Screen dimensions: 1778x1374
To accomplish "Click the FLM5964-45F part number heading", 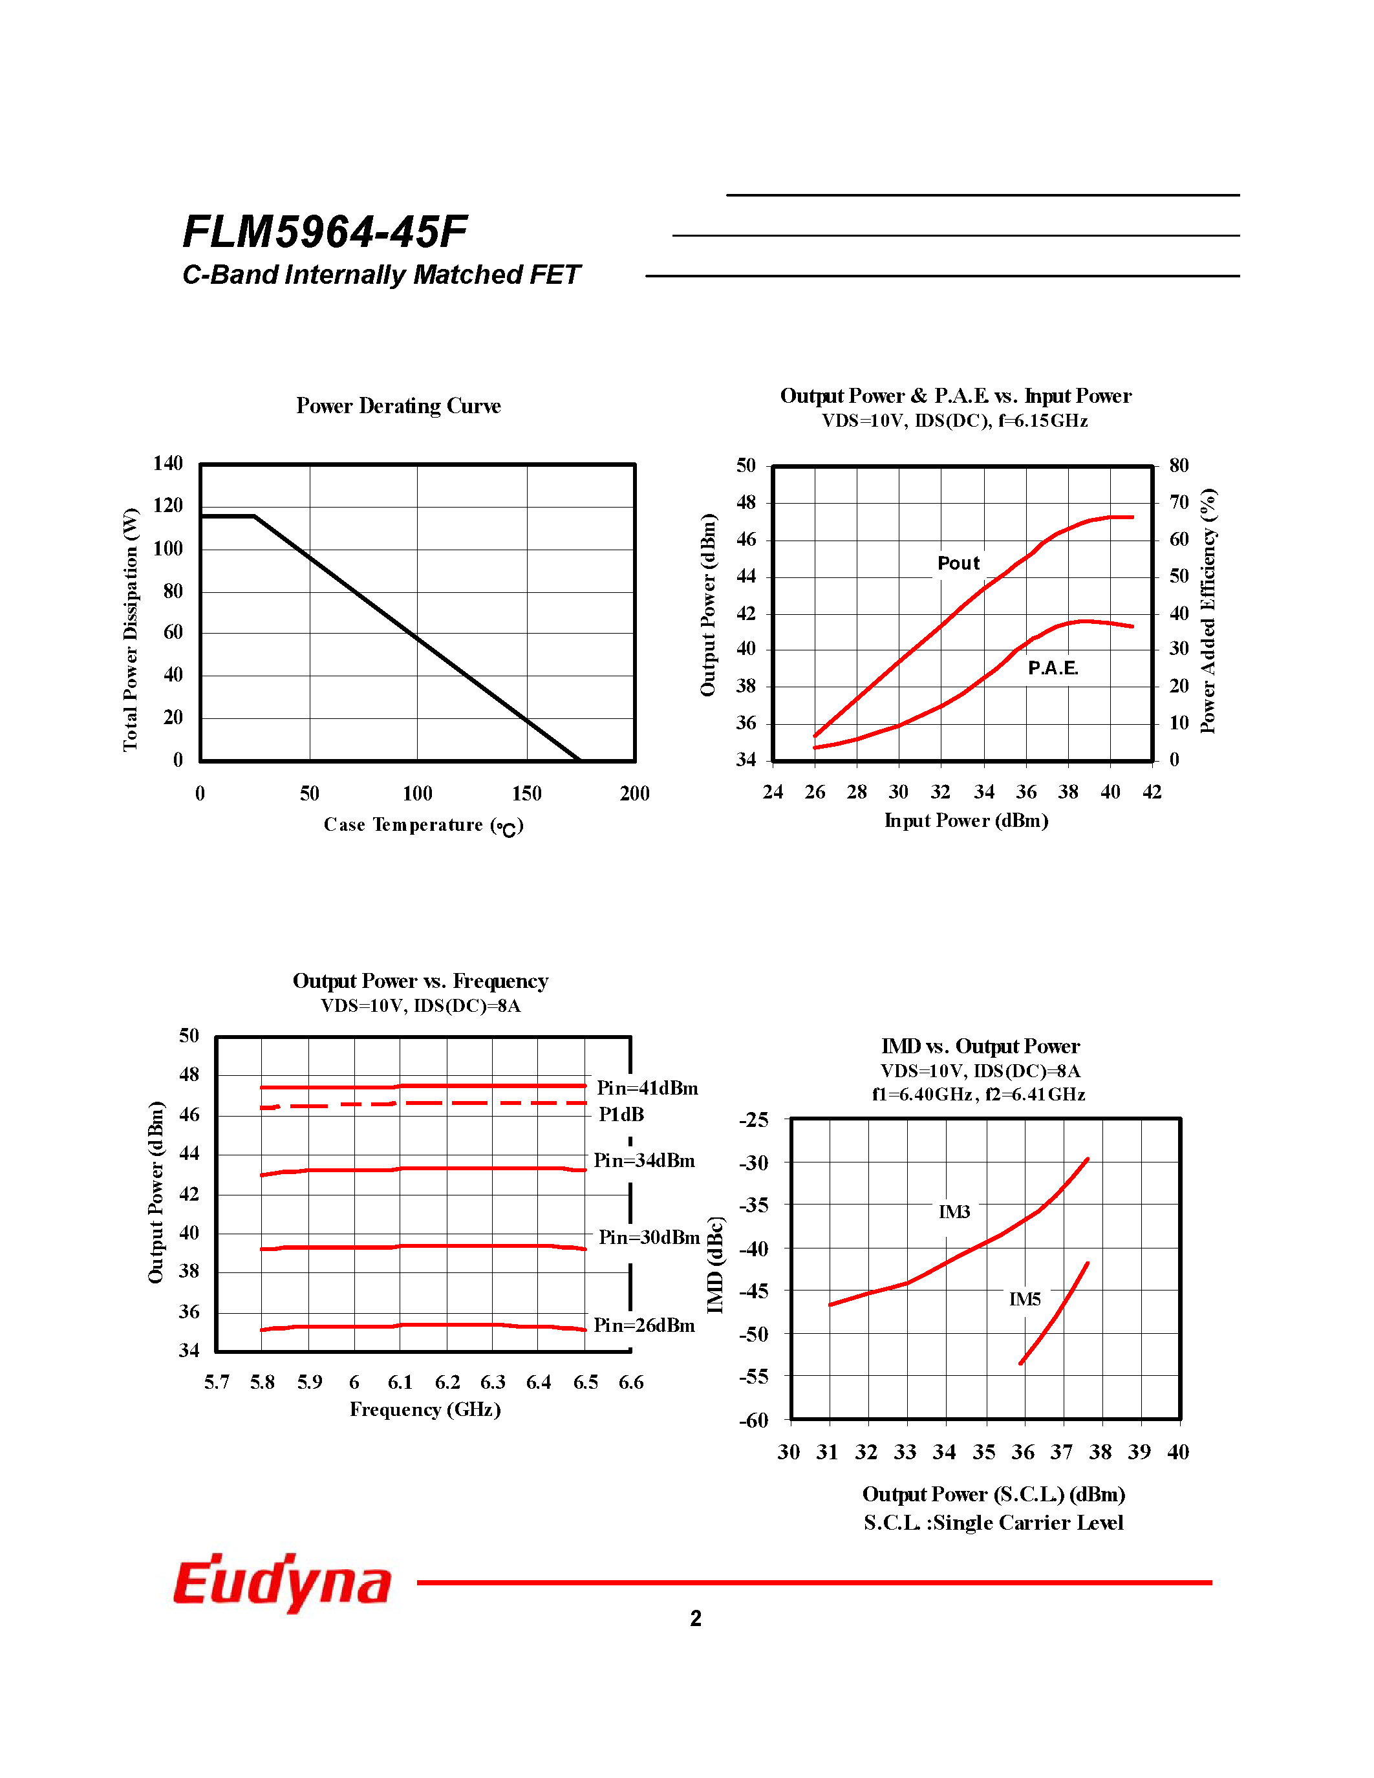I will (325, 231).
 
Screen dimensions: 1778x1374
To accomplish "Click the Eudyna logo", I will (283, 1582).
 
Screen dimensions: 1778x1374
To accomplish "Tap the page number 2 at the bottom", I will (695, 1618).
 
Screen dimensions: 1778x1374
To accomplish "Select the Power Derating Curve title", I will (398, 405).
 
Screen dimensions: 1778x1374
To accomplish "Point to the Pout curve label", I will (958, 563).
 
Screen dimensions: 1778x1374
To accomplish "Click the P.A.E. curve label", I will (1053, 668).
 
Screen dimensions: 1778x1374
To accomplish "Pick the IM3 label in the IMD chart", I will (954, 1212).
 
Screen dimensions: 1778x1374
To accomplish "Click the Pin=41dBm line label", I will (647, 1088).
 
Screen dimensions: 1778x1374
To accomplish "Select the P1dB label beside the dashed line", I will (621, 1115).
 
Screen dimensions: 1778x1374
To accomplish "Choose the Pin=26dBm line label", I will (644, 1325).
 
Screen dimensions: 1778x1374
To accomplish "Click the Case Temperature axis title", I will (424, 826).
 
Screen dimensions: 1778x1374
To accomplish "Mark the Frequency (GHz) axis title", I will (425, 1409).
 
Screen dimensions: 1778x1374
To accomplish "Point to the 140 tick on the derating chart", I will (167, 463).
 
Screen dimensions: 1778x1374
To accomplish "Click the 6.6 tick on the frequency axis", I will (631, 1382).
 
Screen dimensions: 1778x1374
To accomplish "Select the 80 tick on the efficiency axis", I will (1179, 466).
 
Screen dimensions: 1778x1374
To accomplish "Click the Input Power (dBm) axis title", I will (966, 820).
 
